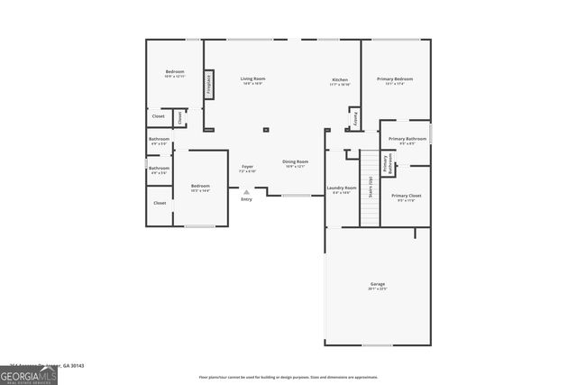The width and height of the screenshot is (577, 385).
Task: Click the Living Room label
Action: (252, 80)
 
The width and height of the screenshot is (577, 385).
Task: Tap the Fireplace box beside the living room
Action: (209, 85)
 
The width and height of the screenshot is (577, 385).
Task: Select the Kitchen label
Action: (339, 81)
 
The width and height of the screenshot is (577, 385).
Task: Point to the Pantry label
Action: (355, 117)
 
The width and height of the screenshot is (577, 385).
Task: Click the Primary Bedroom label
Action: (395, 80)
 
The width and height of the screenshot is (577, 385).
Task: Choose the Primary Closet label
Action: (406, 197)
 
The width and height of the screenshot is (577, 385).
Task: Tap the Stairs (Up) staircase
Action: (370, 188)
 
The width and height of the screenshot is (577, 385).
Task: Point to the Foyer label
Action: (246, 169)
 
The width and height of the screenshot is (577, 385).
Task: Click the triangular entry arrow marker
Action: (246, 191)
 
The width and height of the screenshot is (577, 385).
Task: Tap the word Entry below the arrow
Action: (246, 199)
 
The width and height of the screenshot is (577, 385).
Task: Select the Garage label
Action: (377, 286)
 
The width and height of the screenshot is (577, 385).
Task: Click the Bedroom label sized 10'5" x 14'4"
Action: (200, 188)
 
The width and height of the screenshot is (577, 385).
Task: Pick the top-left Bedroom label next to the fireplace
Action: (174, 73)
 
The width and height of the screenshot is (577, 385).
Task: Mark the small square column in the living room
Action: (265, 130)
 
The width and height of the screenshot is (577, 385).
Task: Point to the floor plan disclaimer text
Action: (288, 377)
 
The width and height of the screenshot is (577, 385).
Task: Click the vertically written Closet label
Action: (179, 116)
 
